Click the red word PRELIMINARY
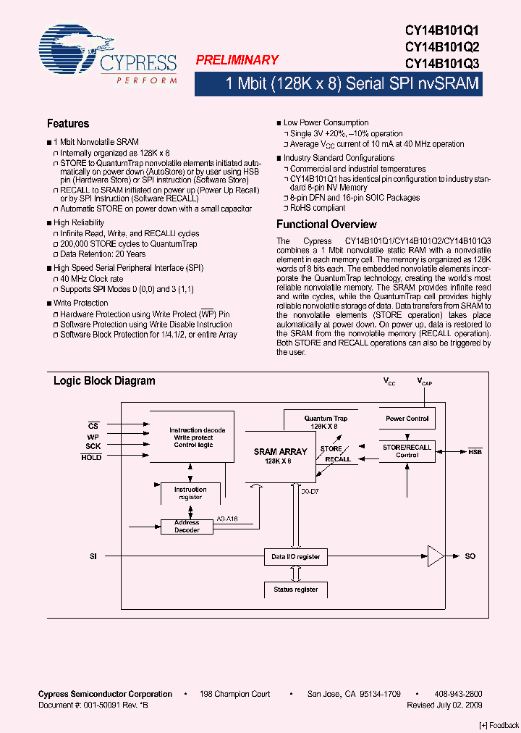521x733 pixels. (x=237, y=61)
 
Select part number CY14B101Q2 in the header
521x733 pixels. (x=442, y=47)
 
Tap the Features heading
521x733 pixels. (x=68, y=124)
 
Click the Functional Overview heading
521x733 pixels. (x=326, y=225)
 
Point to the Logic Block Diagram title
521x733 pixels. (x=104, y=381)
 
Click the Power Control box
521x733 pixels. (x=407, y=419)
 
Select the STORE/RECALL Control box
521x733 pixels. (x=407, y=451)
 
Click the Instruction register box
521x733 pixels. (x=190, y=493)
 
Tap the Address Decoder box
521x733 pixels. (x=187, y=527)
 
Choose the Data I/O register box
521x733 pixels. (x=295, y=556)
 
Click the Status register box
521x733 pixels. (x=295, y=590)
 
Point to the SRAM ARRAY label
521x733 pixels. (x=281, y=452)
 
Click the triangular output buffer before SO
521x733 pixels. (x=436, y=556)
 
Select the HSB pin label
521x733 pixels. (x=475, y=452)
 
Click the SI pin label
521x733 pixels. (x=93, y=556)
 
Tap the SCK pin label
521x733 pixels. (x=93, y=447)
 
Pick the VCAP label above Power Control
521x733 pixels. (x=425, y=382)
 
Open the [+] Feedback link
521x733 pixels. (x=499, y=725)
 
